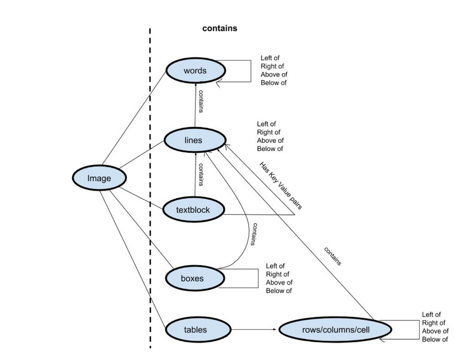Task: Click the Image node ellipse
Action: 99,178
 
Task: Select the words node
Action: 195,71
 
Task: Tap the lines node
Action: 195,140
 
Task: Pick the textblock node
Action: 193,210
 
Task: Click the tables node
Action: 195,329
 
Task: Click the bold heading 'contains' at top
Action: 219,28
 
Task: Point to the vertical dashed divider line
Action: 150,188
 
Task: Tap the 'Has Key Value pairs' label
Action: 281,185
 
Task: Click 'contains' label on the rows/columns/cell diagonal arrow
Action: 333,256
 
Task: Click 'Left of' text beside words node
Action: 270,58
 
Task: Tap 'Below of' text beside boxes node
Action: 279,290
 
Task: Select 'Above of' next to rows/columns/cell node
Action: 435,331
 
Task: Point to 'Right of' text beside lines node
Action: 268,132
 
